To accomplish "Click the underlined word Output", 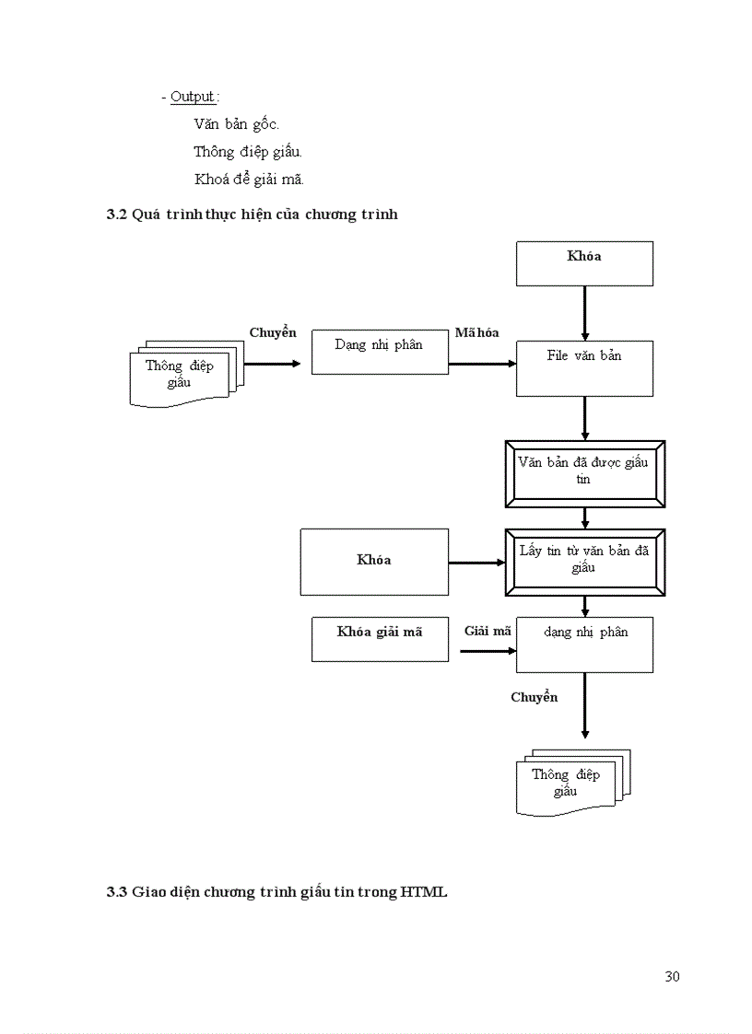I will click(x=193, y=97).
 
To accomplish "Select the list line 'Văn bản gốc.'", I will click(x=236, y=124).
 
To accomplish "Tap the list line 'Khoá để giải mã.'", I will click(x=249, y=179).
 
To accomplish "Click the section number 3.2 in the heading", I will click(x=116, y=215).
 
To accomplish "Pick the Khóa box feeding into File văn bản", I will click(x=584, y=263).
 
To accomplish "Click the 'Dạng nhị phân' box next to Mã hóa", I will click(x=380, y=352).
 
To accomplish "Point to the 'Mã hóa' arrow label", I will click(x=476, y=332).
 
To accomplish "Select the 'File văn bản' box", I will click(x=584, y=368).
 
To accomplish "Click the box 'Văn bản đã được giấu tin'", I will click(x=584, y=473).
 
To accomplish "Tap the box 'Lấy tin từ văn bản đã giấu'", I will click(x=584, y=562).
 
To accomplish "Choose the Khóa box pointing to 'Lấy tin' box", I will click(x=374, y=562).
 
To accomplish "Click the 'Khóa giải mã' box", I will click(x=380, y=639).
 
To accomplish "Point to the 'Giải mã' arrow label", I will click(x=488, y=631).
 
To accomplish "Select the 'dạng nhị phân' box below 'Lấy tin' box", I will click(x=584, y=645).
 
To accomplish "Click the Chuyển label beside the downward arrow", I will click(x=535, y=697).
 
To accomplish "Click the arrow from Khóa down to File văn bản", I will click(x=584, y=313).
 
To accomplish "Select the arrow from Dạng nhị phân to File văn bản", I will click(x=481, y=364).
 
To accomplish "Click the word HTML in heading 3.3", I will click(x=424, y=891).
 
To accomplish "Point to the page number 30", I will click(x=672, y=976).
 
